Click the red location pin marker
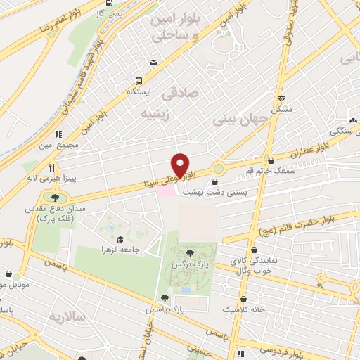(181, 165)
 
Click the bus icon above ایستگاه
(138, 80)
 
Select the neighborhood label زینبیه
(156, 114)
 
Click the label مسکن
(282, 110)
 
